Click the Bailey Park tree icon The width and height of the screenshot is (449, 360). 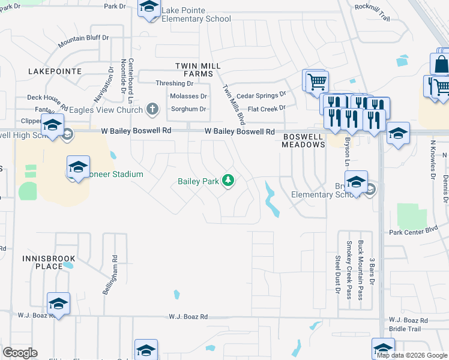[228, 180]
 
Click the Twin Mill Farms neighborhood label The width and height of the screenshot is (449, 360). [194, 70]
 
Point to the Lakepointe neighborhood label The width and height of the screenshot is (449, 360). [55, 71]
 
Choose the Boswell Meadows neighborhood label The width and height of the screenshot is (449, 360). [303, 140]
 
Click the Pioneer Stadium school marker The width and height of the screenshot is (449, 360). [78, 168]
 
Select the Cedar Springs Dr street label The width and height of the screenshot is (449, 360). [261, 95]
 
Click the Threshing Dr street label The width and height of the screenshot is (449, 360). [174, 83]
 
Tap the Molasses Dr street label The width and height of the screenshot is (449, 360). [188, 96]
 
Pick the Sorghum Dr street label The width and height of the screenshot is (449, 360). [188, 109]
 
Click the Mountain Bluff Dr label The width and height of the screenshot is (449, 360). [83, 41]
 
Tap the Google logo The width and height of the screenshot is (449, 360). [20, 353]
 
